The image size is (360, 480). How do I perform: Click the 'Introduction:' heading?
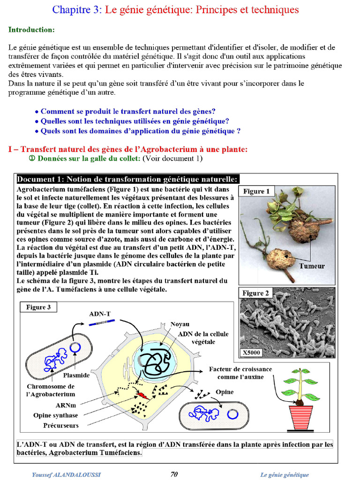point(31,30)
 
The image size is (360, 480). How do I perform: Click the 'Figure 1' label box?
point(256,191)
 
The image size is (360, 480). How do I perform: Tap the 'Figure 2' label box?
point(256,293)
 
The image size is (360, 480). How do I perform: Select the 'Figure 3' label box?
point(38,307)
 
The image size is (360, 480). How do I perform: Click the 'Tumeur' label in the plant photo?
point(312,266)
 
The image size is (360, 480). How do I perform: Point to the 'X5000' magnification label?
point(251,352)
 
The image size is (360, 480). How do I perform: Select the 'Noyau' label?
point(180,324)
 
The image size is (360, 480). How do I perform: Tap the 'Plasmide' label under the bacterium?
point(76,375)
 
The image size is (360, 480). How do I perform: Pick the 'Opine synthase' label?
point(55,415)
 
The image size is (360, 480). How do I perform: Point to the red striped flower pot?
point(300,417)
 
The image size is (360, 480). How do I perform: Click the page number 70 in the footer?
point(174,474)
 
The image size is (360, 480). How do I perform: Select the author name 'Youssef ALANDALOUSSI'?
point(66,474)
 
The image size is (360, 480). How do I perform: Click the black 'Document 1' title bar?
point(128,179)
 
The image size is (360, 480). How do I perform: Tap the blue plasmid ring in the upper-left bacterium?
point(75,347)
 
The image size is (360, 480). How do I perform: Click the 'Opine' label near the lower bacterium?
point(225,392)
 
